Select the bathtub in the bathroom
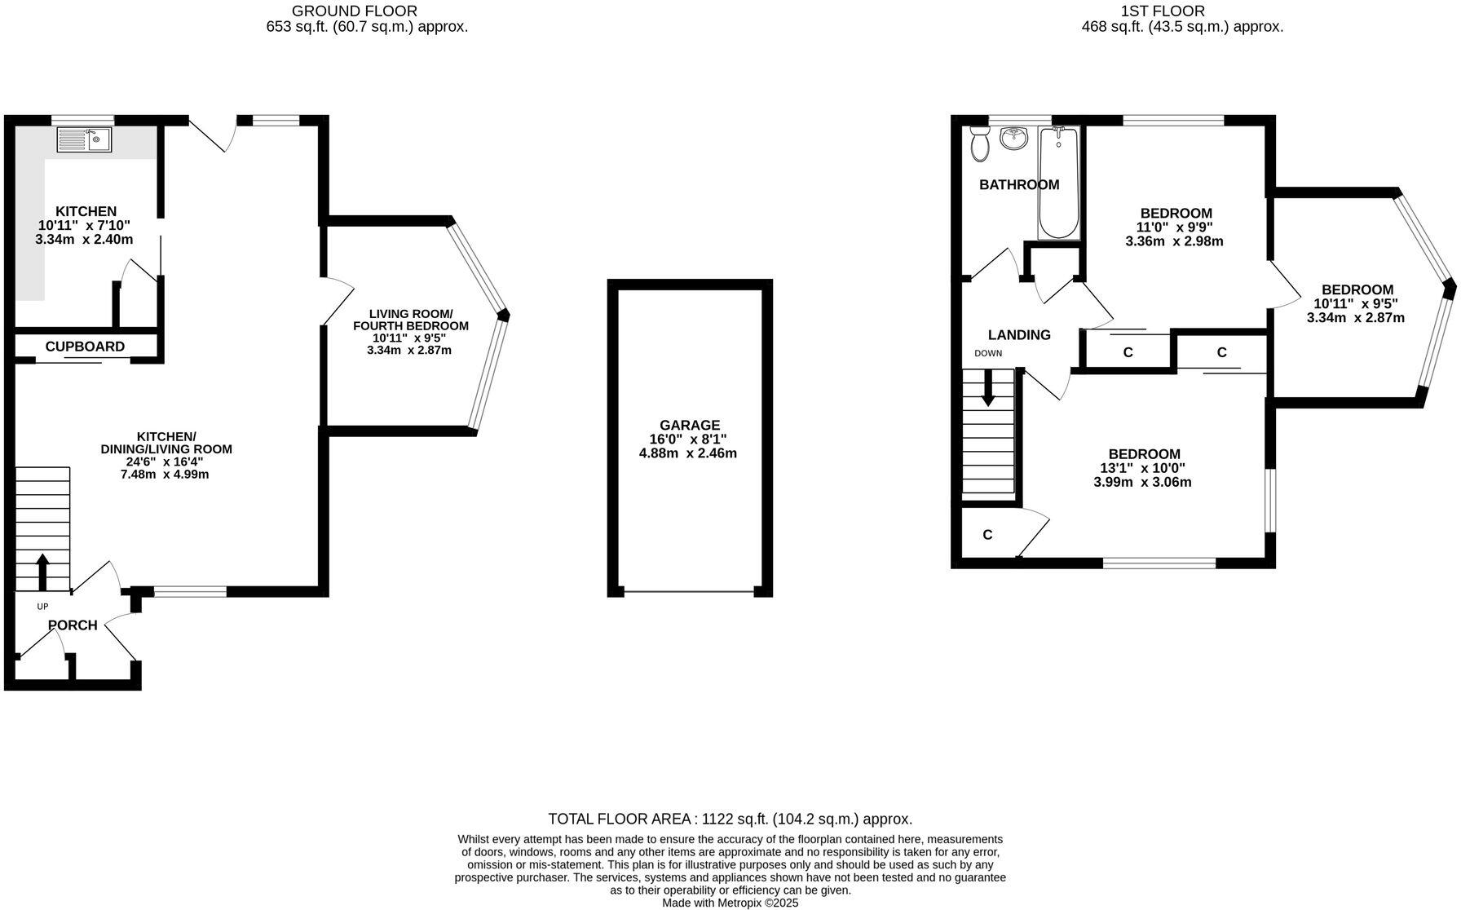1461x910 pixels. pyautogui.click(x=1058, y=183)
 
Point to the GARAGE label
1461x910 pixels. pyautogui.click(x=690, y=425)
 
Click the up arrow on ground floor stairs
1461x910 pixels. pyautogui.click(x=42, y=571)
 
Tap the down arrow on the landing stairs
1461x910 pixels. pyautogui.click(x=988, y=388)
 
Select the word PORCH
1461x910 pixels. pyautogui.click(x=73, y=625)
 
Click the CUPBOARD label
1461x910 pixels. pyautogui.click(x=85, y=347)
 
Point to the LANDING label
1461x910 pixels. pyautogui.click(x=1019, y=335)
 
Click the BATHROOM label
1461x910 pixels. pyautogui.click(x=1019, y=185)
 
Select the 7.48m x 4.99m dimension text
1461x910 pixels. pyautogui.click(x=165, y=475)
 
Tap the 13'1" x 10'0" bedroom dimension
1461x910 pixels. pyautogui.click(x=1143, y=468)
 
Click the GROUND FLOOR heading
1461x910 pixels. pyautogui.click(x=355, y=11)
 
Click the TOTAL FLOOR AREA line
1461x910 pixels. pyautogui.click(x=730, y=819)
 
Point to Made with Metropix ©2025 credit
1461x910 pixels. pyautogui.click(x=730, y=903)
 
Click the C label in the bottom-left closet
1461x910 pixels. pyautogui.click(x=987, y=535)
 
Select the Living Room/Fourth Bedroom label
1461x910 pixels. pyautogui.click(x=410, y=320)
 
